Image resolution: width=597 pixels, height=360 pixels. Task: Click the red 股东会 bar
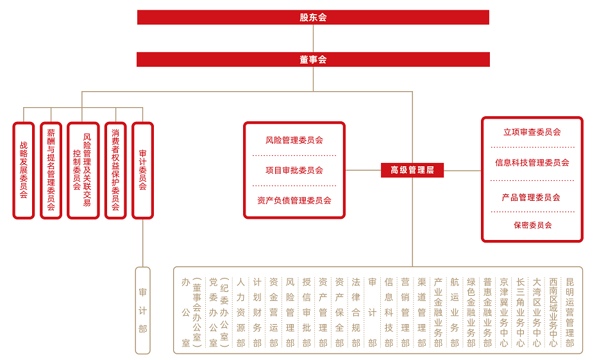coord(313,17)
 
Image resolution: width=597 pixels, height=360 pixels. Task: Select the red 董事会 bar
coord(313,60)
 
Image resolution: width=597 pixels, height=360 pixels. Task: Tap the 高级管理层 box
coord(412,170)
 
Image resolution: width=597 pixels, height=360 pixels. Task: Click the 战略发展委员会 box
coord(24,170)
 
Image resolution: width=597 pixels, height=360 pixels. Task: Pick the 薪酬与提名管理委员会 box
coord(51,170)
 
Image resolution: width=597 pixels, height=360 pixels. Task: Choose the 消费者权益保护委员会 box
coord(115,170)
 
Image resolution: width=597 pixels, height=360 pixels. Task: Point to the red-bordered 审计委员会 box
coord(142,170)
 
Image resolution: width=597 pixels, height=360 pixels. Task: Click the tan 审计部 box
coord(143,311)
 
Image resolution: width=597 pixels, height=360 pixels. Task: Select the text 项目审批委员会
coord(294,170)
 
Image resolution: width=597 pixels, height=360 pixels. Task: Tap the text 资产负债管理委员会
coord(294,200)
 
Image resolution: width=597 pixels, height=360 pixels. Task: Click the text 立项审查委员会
coord(532,132)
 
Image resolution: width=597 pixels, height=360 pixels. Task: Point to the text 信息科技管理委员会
coord(532,162)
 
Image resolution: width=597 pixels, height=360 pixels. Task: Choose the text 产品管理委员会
coord(532,197)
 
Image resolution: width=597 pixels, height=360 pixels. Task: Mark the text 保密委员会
coord(532,225)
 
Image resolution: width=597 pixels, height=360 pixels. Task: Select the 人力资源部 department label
coord(240,312)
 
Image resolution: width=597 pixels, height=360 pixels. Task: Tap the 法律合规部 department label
coord(356,312)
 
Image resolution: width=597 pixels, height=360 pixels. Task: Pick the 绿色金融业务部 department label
coord(471,312)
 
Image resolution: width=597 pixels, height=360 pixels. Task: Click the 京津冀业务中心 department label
coord(504,312)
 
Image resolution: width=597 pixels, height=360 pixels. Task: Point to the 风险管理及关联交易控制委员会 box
coord(82,170)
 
